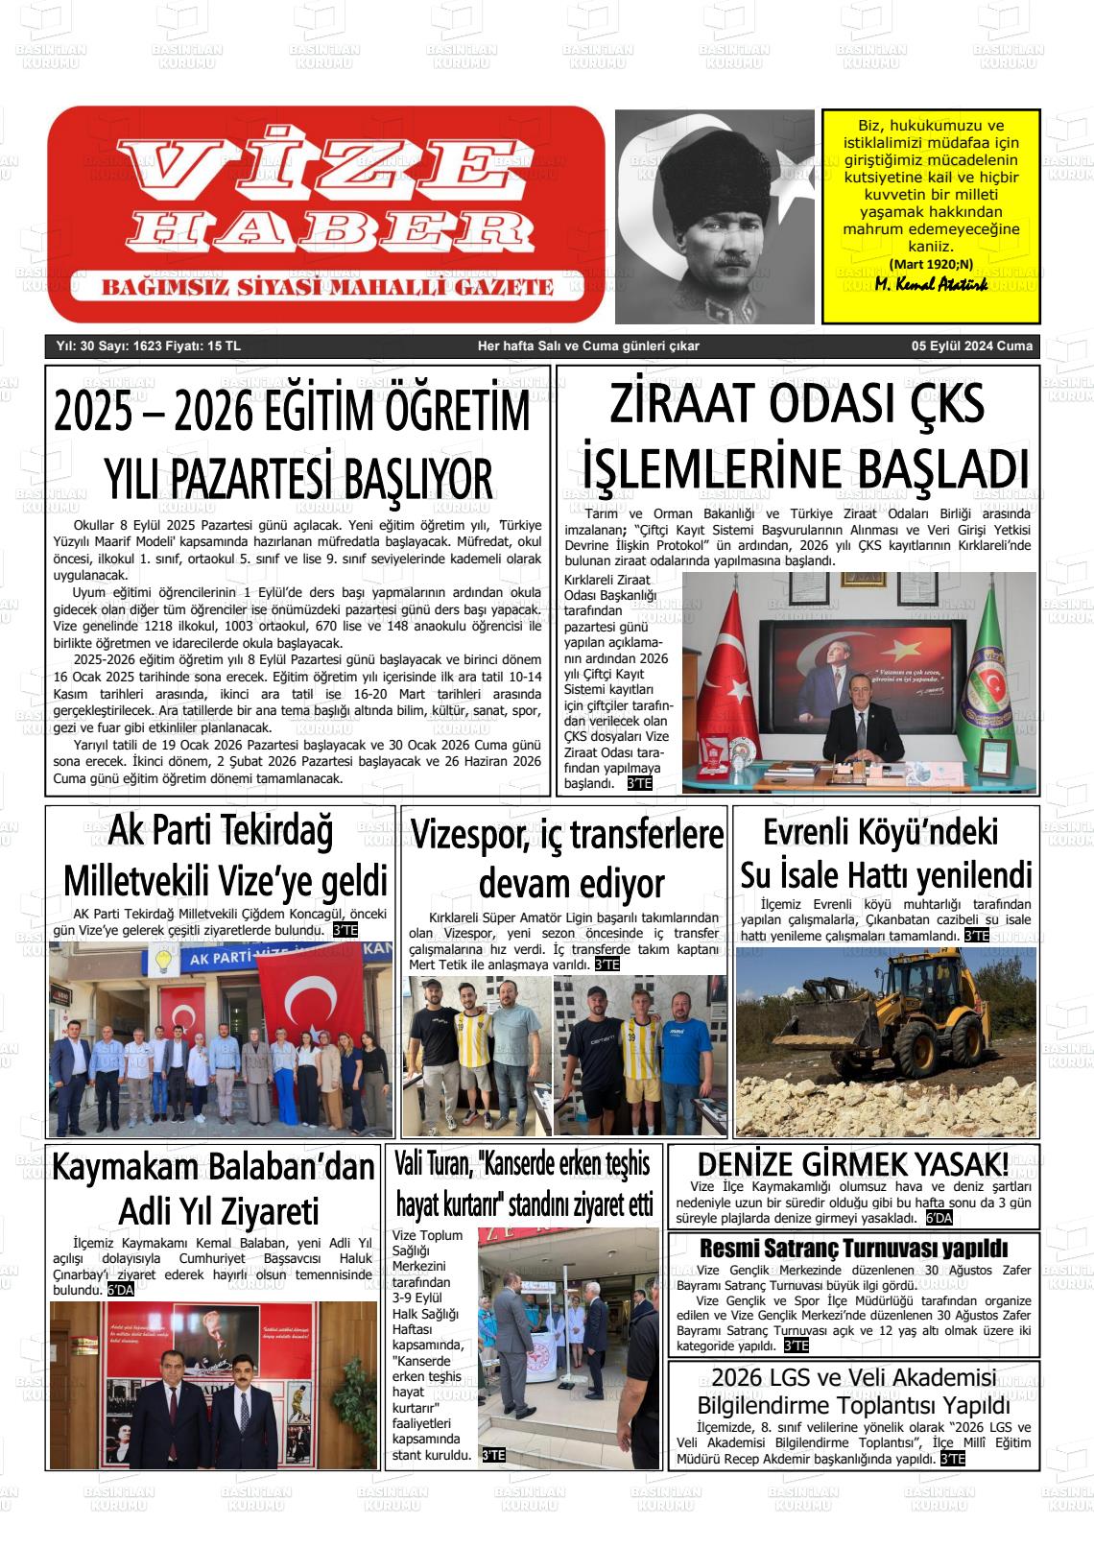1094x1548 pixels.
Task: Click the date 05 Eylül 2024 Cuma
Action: click(972, 346)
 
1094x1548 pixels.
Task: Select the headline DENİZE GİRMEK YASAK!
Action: click(852, 1164)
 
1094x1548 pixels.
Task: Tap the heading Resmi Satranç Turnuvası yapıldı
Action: click(853, 1249)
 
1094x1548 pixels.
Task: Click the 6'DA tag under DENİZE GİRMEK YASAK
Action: click(939, 1219)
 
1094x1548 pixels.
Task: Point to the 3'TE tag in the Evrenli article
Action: click(976, 936)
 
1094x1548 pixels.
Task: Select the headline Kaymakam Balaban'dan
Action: click(213, 1168)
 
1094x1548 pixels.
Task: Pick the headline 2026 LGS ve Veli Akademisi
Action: click(853, 1378)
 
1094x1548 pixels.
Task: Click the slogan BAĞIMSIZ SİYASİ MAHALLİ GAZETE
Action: click(327, 287)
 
